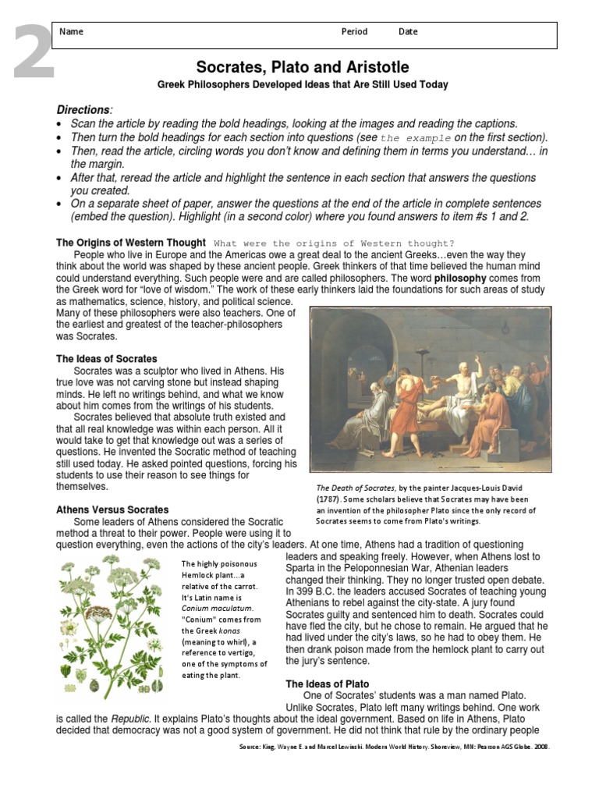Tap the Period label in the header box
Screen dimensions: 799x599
pyautogui.click(x=354, y=33)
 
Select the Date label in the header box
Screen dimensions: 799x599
pyautogui.click(x=408, y=33)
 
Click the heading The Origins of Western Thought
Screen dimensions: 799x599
pyautogui.click(x=131, y=243)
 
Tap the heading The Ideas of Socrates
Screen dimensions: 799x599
pyautogui.click(x=106, y=359)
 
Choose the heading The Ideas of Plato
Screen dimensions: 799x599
pyautogui.click(x=328, y=684)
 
